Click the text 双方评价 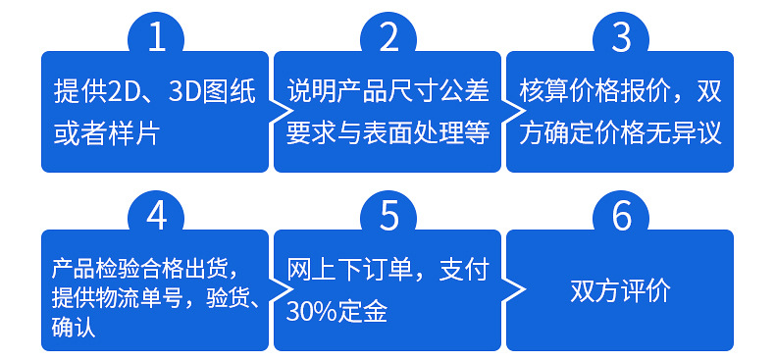(x=620, y=291)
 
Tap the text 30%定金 (x=336, y=312)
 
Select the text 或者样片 (x=106, y=133)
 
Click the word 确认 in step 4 (x=74, y=329)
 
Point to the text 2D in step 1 (x=121, y=92)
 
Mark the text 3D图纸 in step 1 (x=212, y=92)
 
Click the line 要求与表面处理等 (x=388, y=133)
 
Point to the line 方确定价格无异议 (x=620, y=133)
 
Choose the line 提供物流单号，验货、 (x=156, y=299)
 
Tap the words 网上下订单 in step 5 (x=337, y=270)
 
